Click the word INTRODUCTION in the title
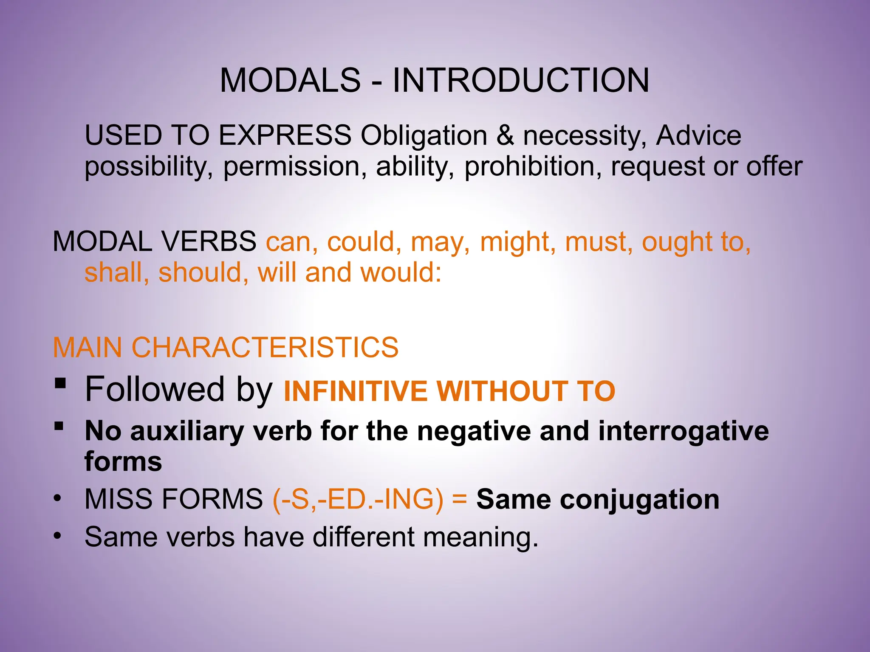point(520,80)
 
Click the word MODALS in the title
point(290,80)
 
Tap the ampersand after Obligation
point(505,135)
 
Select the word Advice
point(698,135)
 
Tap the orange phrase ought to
point(696,242)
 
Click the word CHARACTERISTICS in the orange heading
point(265,347)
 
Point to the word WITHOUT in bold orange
point(502,391)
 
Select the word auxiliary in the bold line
point(186,431)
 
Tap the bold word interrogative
point(683,431)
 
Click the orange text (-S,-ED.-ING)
point(358,499)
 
